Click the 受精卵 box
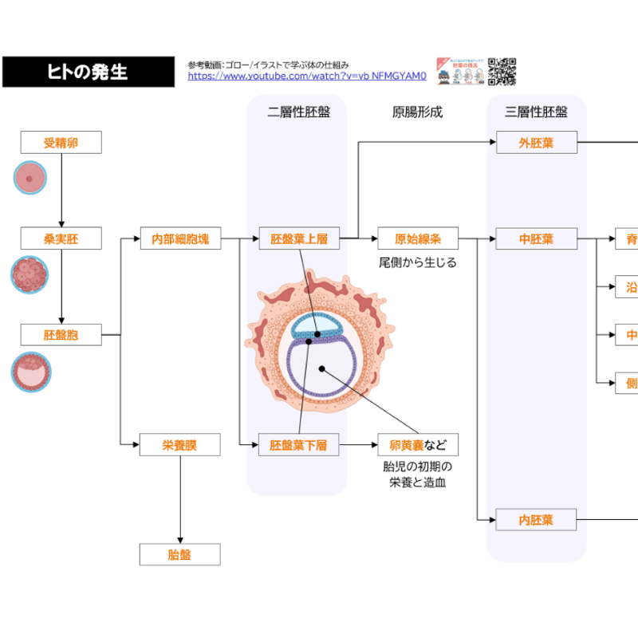pyautogui.click(x=61, y=143)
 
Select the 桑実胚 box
pyautogui.click(x=61, y=238)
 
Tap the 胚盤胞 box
pyautogui.click(x=61, y=334)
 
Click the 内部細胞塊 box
pyautogui.click(x=179, y=238)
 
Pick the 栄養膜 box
pyautogui.click(x=179, y=445)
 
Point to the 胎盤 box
pyautogui.click(x=179, y=554)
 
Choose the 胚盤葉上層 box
pyautogui.click(x=299, y=238)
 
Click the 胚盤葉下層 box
pyautogui.click(x=299, y=445)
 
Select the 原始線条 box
pyautogui.click(x=418, y=238)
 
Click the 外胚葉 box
pyautogui.click(x=536, y=144)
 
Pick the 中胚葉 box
pyautogui.click(x=536, y=238)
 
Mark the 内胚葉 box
pyautogui.click(x=536, y=521)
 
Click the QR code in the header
pyautogui.click(x=502, y=71)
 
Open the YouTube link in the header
pyautogui.click(x=307, y=77)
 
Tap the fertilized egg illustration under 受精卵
pyautogui.click(x=30, y=179)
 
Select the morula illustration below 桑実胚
pyautogui.click(x=30, y=274)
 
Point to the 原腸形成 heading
pyautogui.click(x=417, y=112)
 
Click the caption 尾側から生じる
pyautogui.click(x=417, y=262)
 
